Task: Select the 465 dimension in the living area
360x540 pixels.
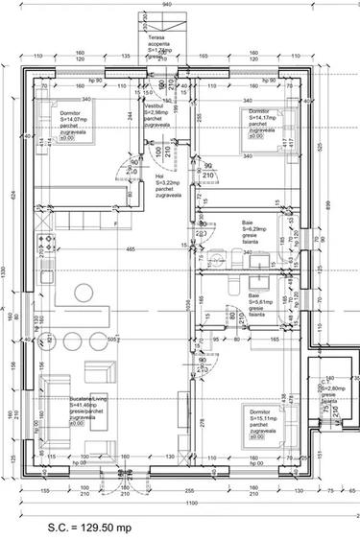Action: click(129, 249)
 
